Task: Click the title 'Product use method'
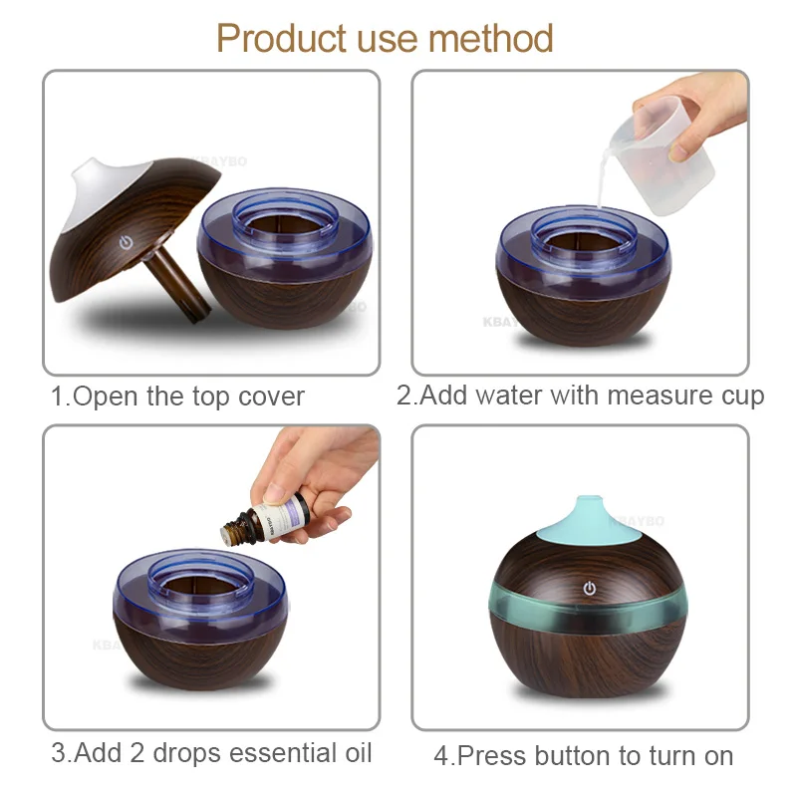click(385, 39)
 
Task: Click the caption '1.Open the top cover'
click(177, 396)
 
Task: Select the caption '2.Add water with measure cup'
click(580, 396)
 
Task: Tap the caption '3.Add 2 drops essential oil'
click(210, 752)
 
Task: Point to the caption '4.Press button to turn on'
click(583, 755)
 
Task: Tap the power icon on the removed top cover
click(126, 242)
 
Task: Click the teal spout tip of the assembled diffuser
click(582, 510)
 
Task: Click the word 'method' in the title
click(490, 39)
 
